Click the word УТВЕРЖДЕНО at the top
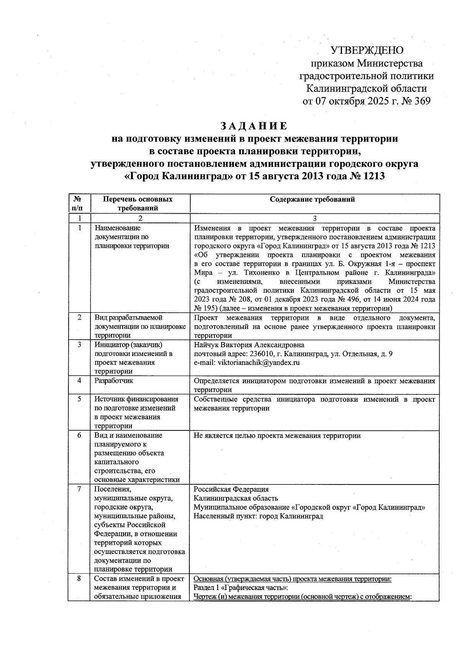tap(367, 50)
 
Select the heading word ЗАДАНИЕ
tap(253, 126)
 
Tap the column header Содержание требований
tap(312, 199)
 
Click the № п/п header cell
tap(78, 204)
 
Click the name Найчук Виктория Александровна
tap(249, 345)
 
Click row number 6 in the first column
tap(79, 435)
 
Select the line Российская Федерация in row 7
tap(231, 489)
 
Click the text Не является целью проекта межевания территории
tap(277, 436)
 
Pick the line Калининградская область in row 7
tap(236, 498)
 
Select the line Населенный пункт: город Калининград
tap(258, 516)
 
